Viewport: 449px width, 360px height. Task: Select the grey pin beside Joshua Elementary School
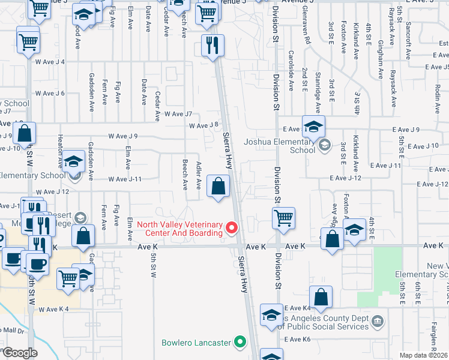coord(325,145)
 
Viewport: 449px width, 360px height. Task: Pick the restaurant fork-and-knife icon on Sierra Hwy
coord(212,45)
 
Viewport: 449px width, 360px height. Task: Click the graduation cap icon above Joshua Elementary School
coord(313,127)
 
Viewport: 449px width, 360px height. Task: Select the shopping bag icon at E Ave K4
coord(321,297)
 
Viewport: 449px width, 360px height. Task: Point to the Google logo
coord(20,353)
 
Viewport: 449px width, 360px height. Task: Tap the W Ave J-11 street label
coord(125,179)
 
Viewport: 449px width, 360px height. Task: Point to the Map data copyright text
coord(423,355)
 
